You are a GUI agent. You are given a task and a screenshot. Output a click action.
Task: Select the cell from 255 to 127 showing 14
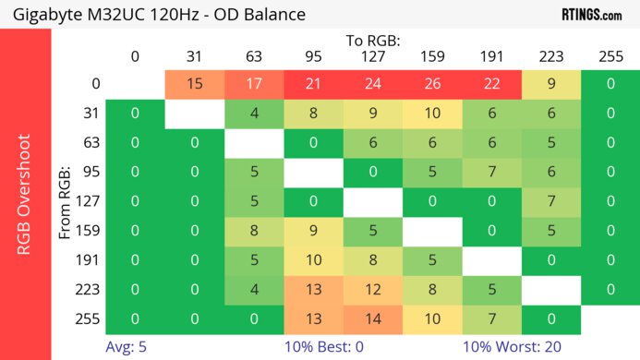(373, 319)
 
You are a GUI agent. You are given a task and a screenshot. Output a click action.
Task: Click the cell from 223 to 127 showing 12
(373, 290)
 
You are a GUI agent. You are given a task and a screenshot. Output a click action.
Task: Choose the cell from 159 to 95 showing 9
(313, 231)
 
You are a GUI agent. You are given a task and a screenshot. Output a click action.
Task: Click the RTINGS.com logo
(592, 15)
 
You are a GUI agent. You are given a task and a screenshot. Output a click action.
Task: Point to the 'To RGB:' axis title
(373, 41)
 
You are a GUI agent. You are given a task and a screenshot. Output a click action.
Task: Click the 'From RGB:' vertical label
(66, 201)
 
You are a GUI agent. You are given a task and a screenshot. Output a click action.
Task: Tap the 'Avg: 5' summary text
(128, 348)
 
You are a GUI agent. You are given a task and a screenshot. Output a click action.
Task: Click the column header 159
(432, 56)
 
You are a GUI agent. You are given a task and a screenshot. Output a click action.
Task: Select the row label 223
(90, 290)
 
